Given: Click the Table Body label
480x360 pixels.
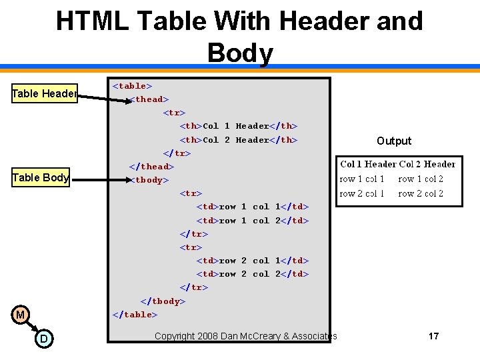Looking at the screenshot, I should point(41,177).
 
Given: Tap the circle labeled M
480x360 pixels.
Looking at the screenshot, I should point(21,315).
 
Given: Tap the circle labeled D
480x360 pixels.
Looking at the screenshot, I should point(43,339).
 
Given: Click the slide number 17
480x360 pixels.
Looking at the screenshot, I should point(433,336).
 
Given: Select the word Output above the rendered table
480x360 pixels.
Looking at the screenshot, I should point(394,141).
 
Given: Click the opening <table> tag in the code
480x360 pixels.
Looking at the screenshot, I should point(133,85).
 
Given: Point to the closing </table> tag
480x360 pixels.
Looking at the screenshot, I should point(135,315).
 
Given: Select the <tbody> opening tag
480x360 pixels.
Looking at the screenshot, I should point(149,180).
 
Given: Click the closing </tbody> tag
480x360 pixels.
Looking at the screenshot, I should point(163,301).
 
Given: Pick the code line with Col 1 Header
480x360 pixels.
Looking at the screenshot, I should point(239,126).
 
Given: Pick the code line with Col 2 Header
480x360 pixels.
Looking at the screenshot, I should point(239,140).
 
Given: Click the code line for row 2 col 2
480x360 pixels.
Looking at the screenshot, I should point(253,274).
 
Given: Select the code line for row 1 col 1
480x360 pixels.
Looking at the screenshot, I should point(253,207).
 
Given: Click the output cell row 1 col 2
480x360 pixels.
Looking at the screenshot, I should point(421,179).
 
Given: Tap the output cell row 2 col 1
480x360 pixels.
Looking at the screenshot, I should point(362,193).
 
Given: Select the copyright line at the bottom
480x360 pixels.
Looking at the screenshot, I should point(246,336).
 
